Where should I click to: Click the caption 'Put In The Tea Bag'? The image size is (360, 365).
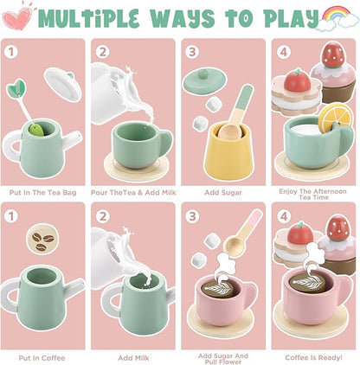coord(43,192)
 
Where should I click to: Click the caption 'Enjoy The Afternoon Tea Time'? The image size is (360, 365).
coord(312,192)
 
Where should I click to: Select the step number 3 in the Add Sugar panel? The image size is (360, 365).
coord(192,50)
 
